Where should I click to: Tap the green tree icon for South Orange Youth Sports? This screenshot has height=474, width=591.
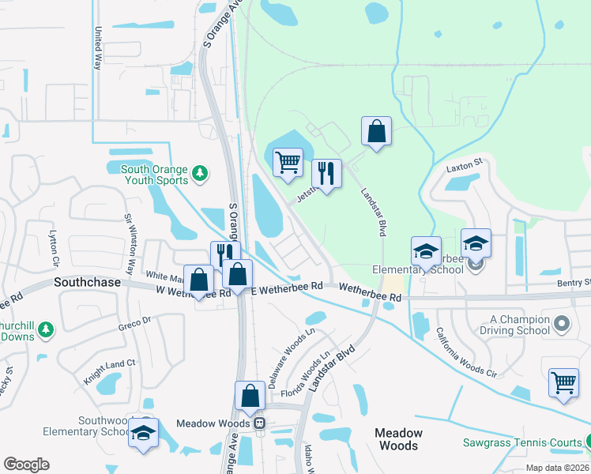[200, 172]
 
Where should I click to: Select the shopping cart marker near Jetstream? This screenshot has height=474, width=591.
[288, 162]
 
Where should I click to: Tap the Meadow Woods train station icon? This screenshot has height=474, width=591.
[258, 423]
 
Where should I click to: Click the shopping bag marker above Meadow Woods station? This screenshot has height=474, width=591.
[250, 397]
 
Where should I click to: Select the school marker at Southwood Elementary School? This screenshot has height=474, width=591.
[143, 434]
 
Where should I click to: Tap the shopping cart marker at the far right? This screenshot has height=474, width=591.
[564, 383]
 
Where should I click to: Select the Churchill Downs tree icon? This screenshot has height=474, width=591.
[46, 328]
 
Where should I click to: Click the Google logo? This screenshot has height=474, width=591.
[26, 465]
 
